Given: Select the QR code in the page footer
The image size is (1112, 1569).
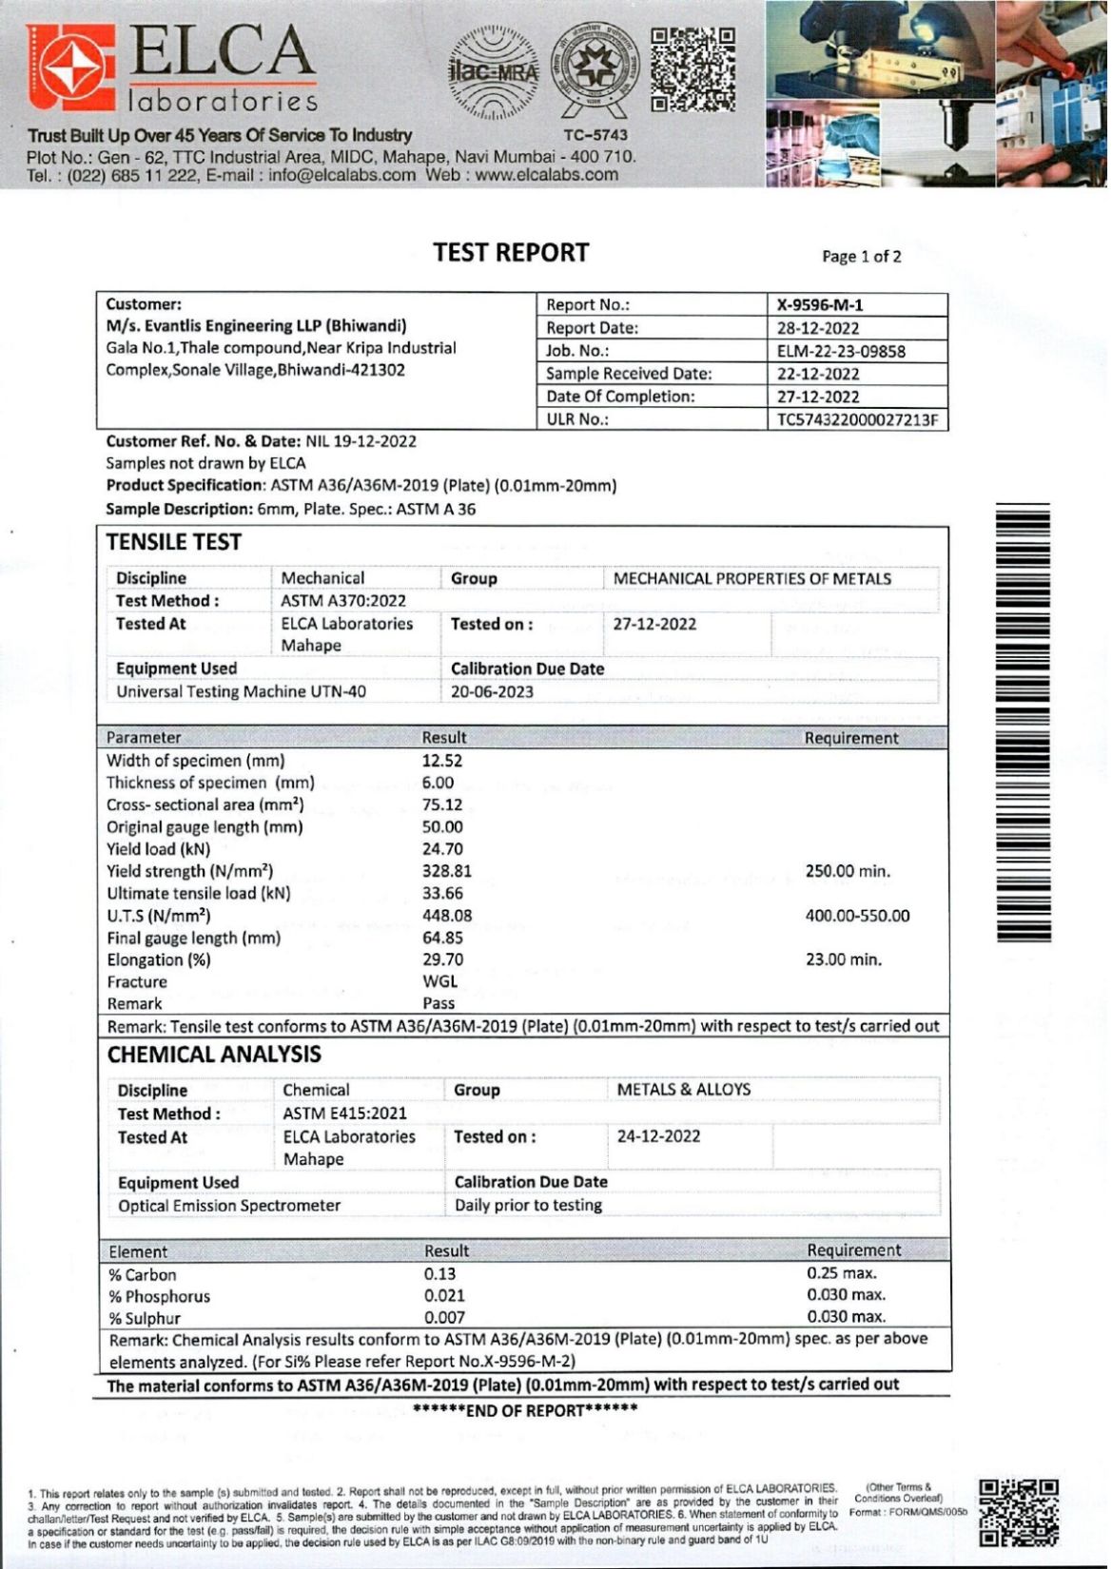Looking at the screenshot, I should coord(1019,1512).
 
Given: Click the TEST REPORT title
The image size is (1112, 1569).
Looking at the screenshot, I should coord(511,253).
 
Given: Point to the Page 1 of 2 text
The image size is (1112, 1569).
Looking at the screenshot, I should coord(861,257).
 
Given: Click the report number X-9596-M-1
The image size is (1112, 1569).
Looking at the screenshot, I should coord(820,305).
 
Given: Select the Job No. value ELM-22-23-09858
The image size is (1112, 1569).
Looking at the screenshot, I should coord(841,351).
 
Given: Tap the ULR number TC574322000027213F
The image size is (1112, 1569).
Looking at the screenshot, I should coord(857,420).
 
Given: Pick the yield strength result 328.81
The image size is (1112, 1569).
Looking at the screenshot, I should coord(447,871).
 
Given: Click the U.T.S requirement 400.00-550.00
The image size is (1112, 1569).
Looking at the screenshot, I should coord(857,916).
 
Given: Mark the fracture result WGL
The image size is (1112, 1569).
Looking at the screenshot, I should coord(439,981).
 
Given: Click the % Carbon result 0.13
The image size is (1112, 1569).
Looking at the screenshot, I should coord(439,1274).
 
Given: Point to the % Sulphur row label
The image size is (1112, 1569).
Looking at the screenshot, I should coord(145,1318).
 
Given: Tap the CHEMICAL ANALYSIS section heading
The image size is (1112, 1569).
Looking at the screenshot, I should coord(214,1055).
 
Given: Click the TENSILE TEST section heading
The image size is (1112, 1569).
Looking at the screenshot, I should coord(174,542).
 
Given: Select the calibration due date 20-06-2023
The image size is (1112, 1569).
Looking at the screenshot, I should coord(492,692).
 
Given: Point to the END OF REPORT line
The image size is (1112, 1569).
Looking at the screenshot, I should coord(525,1410).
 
